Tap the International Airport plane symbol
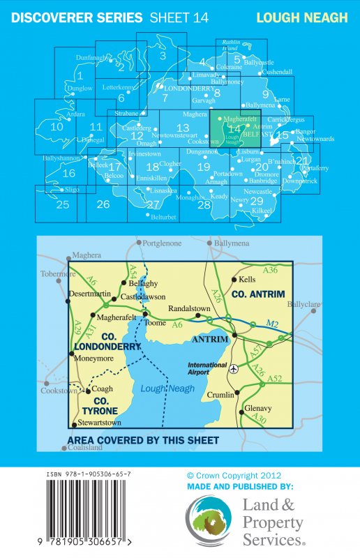pos(233,368)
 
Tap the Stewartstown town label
pos(103,422)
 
